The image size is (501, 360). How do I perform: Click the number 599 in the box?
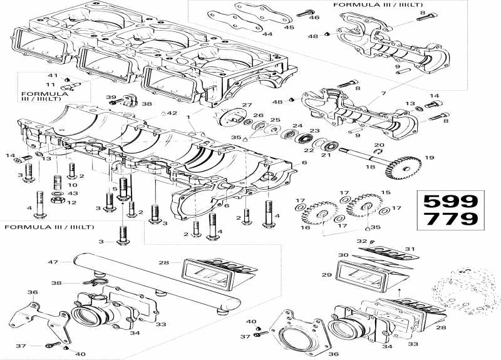tap(450, 202)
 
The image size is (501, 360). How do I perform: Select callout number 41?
tap(53, 76)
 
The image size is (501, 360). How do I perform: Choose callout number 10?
tap(72, 185)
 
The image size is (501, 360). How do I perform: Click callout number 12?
tap(72, 202)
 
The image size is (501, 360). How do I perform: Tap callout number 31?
tap(410, 249)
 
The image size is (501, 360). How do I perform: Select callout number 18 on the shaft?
tap(369, 167)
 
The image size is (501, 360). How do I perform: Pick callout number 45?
tap(289, 27)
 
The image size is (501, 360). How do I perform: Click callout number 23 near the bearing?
tap(315, 130)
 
